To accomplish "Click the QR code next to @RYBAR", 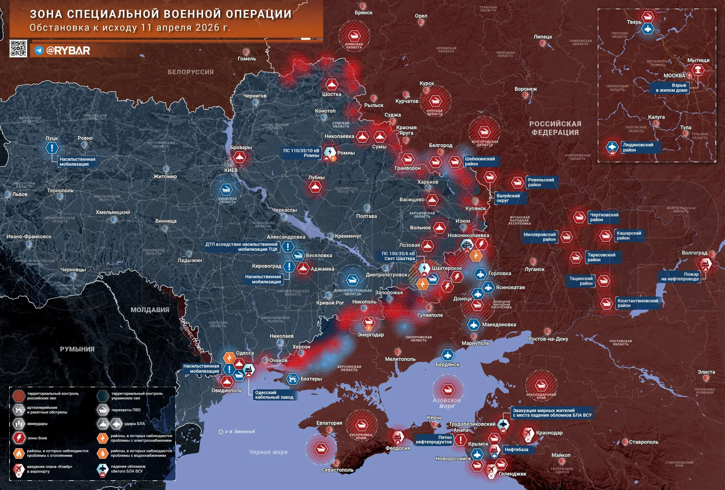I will [x=18, y=48].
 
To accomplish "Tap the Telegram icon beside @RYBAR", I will [x=39, y=50].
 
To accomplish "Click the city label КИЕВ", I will [x=231, y=170].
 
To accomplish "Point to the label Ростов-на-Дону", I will [x=548, y=339].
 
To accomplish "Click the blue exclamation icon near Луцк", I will [x=52, y=148].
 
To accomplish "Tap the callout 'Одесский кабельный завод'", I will [x=274, y=395].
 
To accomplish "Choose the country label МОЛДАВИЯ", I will [x=150, y=310].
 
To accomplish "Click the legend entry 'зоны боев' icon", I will [x=19, y=438].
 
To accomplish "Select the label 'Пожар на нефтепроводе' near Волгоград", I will [x=680, y=276].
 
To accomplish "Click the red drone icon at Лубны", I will [x=315, y=187].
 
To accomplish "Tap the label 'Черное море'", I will [x=268, y=452].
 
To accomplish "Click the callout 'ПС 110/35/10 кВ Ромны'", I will [x=301, y=153].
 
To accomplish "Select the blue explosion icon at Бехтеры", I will [x=293, y=379].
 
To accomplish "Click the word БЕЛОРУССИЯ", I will [x=191, y=72].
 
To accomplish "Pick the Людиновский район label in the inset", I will [x=638, y=147].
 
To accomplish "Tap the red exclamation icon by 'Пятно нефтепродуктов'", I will [x=460, y=440].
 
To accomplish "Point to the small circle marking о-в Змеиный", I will [x=221, y=432].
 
